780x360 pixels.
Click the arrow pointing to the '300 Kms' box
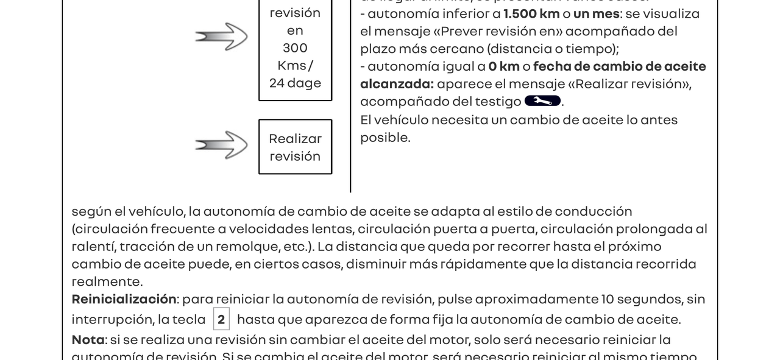221,37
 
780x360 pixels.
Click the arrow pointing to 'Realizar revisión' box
221,145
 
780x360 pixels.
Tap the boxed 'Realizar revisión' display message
295,147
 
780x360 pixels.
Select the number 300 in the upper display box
295,48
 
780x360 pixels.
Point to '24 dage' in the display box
295,83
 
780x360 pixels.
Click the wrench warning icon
542,101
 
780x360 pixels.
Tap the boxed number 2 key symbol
221,319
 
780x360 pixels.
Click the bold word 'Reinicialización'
124,299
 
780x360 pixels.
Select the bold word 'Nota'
88,339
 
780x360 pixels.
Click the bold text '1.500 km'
532,13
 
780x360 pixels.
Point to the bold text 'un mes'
596,13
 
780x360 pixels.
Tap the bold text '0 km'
503,66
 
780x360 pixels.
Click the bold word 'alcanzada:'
397,83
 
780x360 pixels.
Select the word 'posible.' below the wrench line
385,138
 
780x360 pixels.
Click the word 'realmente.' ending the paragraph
107,281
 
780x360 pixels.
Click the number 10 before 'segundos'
608,299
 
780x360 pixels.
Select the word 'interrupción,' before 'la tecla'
112,320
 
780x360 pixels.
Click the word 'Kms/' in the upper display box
295,66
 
